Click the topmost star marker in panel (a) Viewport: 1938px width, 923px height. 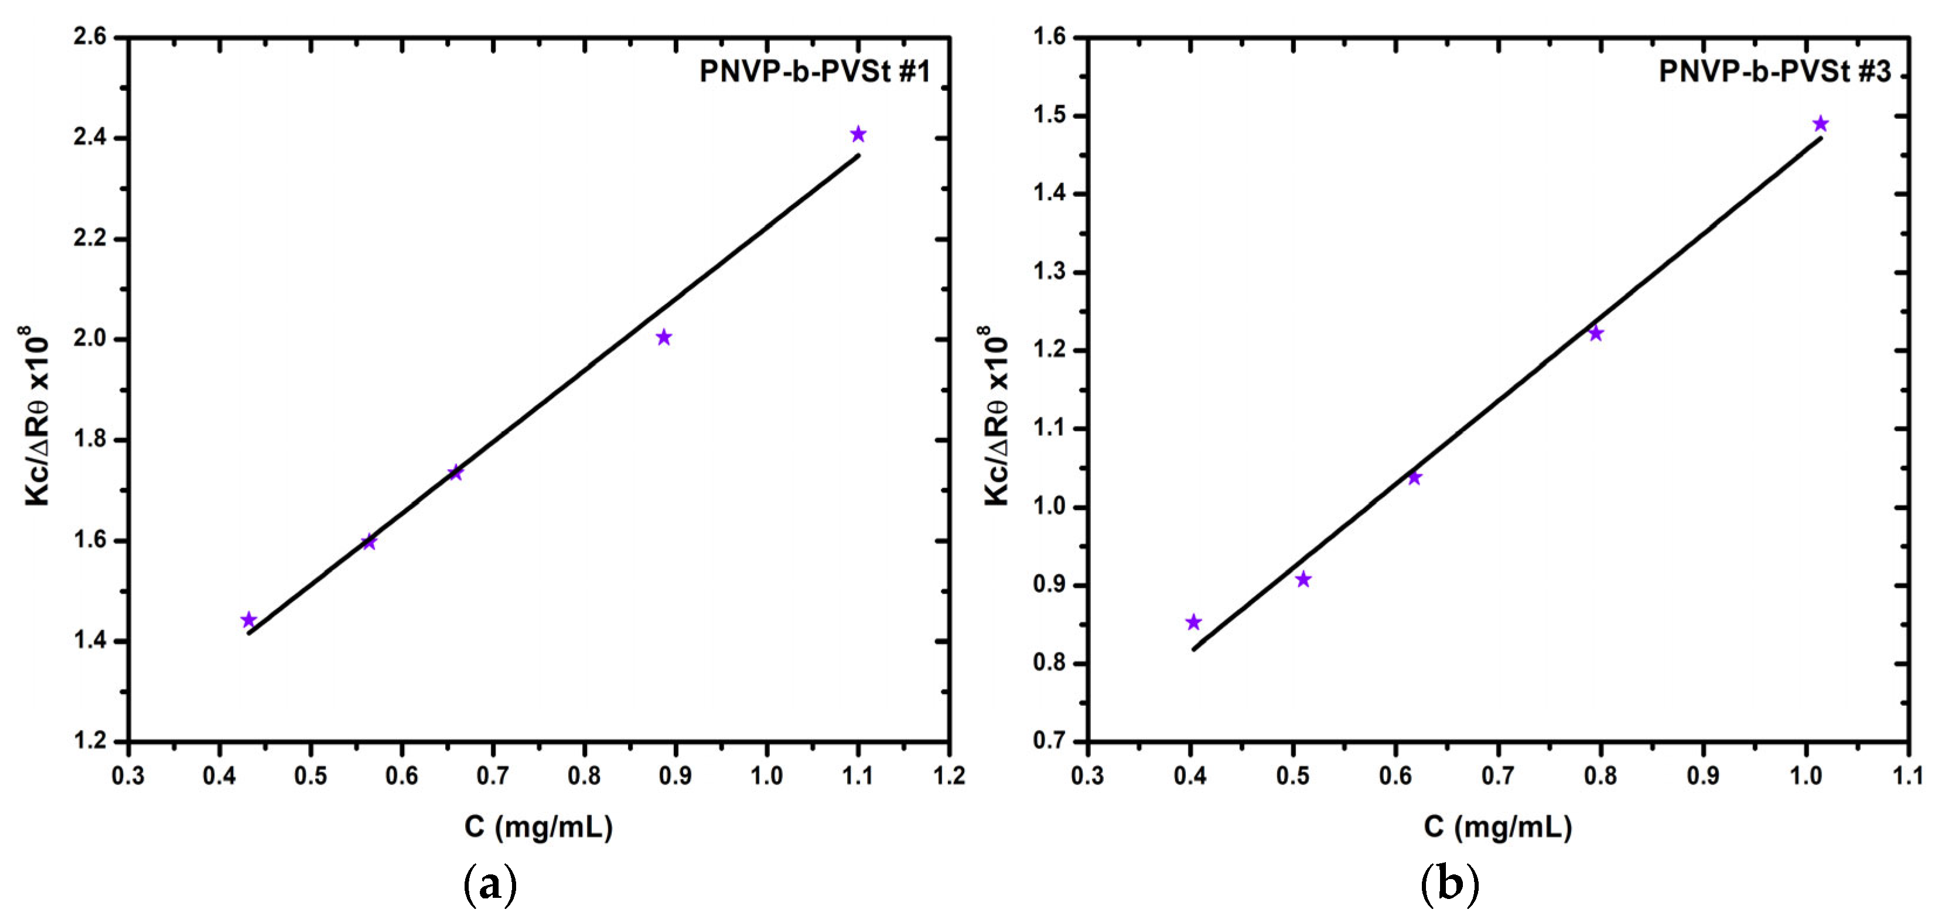tap(858, 135)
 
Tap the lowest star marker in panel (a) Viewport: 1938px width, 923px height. tap(249, 620)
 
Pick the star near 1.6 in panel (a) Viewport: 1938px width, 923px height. tap(369, 542)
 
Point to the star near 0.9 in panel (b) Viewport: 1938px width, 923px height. tap(1304, 579)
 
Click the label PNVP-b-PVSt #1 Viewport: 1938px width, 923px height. tap(816, 71)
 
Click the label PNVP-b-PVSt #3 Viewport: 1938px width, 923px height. tap(1774, 71)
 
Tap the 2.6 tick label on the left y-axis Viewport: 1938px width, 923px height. tap(90, 37)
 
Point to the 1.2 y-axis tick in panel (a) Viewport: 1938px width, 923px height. tap(90, 741)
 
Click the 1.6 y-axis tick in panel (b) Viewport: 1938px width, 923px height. tap(1050, 37)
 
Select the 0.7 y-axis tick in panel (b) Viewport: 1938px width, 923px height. tap(1050, 741)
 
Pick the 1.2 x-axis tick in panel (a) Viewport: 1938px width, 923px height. tap(948, 775)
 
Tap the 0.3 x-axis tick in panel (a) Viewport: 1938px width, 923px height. tap(129, 775)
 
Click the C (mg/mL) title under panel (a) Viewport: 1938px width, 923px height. tap(538, 827)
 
